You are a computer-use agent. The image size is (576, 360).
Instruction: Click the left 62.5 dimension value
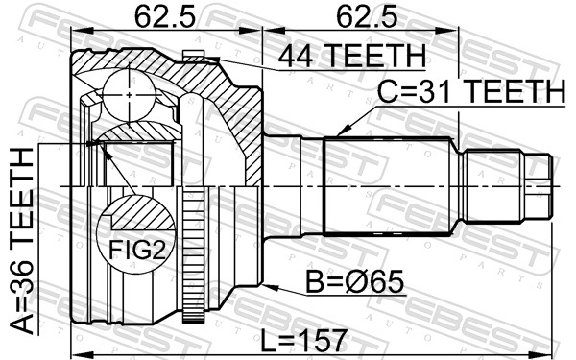[164, 16]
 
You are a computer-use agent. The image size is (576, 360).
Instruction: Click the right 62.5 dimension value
[367, 16]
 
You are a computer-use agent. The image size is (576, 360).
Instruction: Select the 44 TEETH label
[352, 56]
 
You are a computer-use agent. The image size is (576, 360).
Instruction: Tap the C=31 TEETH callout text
[471, 91]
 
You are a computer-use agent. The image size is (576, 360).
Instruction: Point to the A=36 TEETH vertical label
[21, 241]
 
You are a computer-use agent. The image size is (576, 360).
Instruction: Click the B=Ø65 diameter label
[355, 281]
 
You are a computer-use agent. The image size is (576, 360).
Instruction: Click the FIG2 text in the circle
[136, 250]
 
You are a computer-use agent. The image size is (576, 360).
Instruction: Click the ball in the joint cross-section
[129, 95]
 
